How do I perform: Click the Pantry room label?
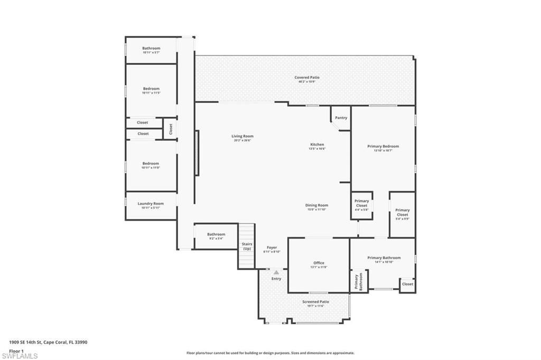point(341,118)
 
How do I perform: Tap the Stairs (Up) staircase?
point(247,247)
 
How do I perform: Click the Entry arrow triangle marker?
point(276,272)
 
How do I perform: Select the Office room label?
point(319,263)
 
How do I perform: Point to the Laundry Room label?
point(151,204)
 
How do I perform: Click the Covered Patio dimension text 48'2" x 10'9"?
point(307,82)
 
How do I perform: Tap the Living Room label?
point(242,136)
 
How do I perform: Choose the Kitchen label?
point(317,145)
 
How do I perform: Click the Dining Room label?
point(317,205)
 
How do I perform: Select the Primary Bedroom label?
point(383,146)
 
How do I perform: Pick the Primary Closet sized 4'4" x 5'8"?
point(362,203)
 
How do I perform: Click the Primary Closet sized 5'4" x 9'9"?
point(402,212)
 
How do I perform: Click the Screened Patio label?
point(315,302)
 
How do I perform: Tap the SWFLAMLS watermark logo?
point(20,355)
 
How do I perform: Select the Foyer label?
point(272,248)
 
